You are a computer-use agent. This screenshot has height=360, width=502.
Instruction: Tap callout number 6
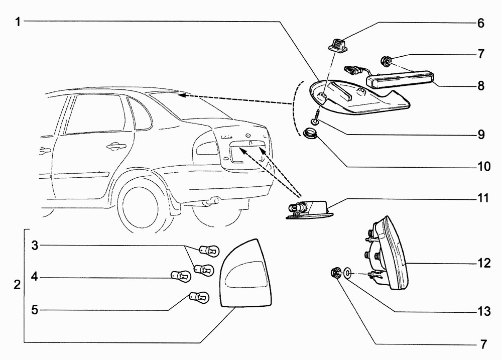(x=480, y=23)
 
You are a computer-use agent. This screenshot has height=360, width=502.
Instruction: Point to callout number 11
(x=483, y=198)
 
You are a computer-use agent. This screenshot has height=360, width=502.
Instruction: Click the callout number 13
(x=483, y=312)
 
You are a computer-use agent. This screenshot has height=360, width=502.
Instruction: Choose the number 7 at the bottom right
(x=483, y=344)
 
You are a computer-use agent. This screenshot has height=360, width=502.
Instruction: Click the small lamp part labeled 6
(x=335, y=44)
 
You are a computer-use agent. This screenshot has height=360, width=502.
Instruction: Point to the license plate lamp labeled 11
(x=309, y=209)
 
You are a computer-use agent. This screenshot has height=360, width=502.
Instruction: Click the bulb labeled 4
(x=180, y=276)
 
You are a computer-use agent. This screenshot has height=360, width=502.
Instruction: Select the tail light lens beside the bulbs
(x=246, y=274)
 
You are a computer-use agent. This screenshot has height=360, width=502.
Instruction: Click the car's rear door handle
(x=116, y=146)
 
